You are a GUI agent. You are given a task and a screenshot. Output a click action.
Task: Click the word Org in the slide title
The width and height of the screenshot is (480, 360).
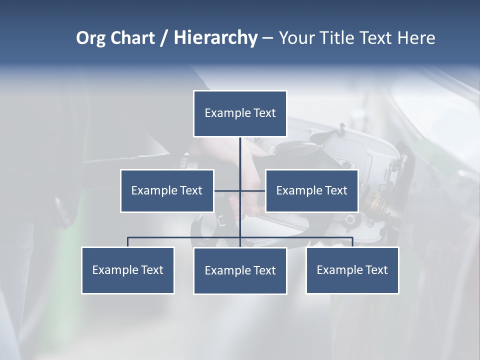coord(90,38)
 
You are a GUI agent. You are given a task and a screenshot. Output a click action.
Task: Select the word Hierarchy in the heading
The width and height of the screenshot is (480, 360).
coord(215,38)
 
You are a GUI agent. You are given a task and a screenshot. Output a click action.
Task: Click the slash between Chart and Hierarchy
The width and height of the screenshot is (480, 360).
coord(164,38)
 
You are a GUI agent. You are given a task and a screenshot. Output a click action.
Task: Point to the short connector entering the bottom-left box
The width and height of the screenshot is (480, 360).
coord(128,242)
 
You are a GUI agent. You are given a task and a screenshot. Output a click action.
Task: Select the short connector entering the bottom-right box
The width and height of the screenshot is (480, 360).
coord(352,242)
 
